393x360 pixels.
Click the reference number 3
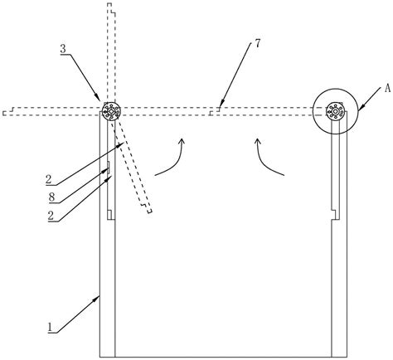pyautogui.click(x=63, y=49)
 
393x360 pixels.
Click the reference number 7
pyautogui.click(x=257, y=44)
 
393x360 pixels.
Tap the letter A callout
pyautogui.click(x=387, y=89)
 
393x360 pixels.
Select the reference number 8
pyautogui.click(x=51, y=197)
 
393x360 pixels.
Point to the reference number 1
pyautogui.click(x=50, y=328)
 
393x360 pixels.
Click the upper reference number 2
pyautogui.click(x=49, y=180)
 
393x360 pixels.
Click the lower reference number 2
pyautogui.click(x=51, y=216)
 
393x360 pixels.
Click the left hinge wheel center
pyautogui.click(x=111, y=111)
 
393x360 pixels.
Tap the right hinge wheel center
pyautogui.click(x=335, y=111)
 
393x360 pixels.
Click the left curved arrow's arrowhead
pyautogui.click(x=182, y=141)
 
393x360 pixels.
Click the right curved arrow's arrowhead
pyautogui.click(x=258, y=141)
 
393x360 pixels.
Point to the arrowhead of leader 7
pyautogui.click(x=221, y=109)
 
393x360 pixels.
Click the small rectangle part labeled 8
pyautogui.click(x=109, y=168)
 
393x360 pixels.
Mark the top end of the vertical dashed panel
pyautogui.click(x=109, y=3)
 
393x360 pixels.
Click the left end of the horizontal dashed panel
pyautogui.click(x=4, y=113)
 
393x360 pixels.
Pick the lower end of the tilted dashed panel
pyautogui.click(x=149, y=212)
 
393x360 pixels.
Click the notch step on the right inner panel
pyautogui.click(x=333, y=215)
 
